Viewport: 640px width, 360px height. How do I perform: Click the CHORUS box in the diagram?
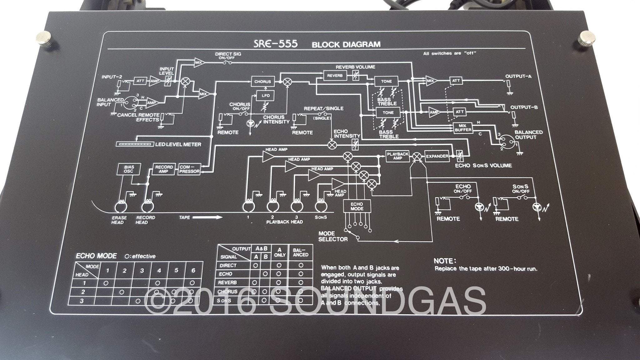(263, 82)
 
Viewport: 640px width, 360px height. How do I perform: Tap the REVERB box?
(335, 75)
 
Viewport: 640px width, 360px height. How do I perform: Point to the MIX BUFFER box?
(463, 127)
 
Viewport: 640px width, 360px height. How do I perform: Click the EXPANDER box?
(437, 156)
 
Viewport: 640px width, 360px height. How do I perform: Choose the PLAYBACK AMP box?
(397, 156)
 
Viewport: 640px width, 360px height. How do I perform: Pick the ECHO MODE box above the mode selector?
(357, 206)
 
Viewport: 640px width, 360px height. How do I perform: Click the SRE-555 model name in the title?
(275, 44)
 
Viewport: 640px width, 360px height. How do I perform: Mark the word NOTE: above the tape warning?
(445, 261)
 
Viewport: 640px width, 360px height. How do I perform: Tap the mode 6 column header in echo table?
(193, 270)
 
